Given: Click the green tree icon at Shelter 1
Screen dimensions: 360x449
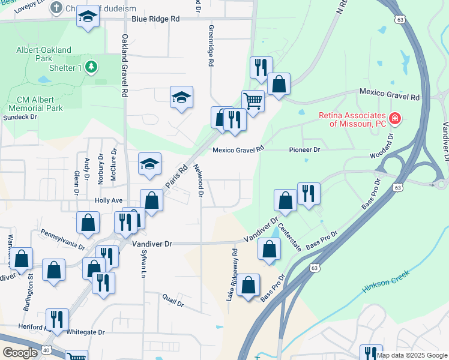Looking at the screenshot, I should coord(91,67).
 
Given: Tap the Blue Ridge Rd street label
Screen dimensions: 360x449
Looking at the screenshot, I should coord(155,19).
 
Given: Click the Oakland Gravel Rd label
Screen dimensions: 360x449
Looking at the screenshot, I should coord(125,66).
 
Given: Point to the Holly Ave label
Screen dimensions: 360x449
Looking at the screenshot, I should coord(109,200).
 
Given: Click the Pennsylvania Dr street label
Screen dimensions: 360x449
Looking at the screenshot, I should coord(62,238).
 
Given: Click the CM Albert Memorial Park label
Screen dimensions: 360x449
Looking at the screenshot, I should coord(40,104).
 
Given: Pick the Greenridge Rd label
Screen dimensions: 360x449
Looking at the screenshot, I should coord(211,46).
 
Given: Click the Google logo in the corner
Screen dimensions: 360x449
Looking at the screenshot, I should coord(19,353).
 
